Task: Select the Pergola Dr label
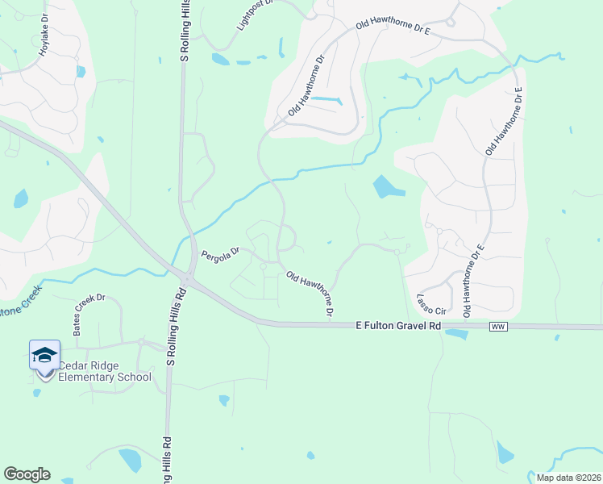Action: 221,252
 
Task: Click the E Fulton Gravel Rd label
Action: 399,326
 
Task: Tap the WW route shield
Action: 497,326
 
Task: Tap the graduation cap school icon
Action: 44,355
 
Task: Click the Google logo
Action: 27,474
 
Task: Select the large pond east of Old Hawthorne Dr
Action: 388,188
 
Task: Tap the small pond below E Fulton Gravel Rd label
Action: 455,333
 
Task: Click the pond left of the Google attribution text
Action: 505,453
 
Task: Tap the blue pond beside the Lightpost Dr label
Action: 220,58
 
